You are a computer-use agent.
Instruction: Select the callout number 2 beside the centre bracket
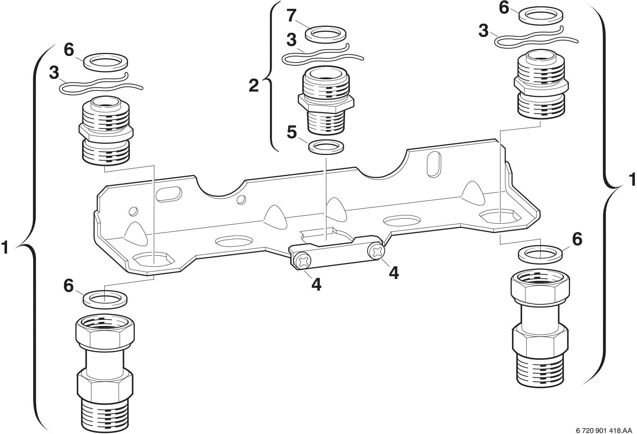[254, 86]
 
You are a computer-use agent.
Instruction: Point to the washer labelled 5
[326, 147]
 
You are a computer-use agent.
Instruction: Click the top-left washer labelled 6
[106, 63]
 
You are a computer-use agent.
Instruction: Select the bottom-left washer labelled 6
[105, 299]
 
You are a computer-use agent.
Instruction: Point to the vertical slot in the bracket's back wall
[433, 165]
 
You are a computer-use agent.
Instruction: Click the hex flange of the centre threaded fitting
[326, 103]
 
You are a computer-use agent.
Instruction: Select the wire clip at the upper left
[100, 85]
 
